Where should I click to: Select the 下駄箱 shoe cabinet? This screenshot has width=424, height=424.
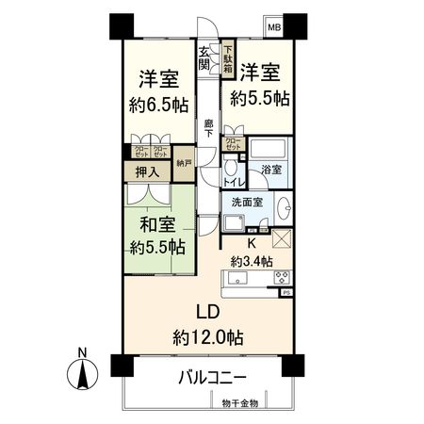point(228,56)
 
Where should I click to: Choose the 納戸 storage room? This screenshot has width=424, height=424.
point(183,163)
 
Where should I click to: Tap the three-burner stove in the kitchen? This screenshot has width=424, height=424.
point(282,278)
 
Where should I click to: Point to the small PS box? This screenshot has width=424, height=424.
point(286,294)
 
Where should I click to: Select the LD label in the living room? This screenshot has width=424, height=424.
point(207,313)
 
